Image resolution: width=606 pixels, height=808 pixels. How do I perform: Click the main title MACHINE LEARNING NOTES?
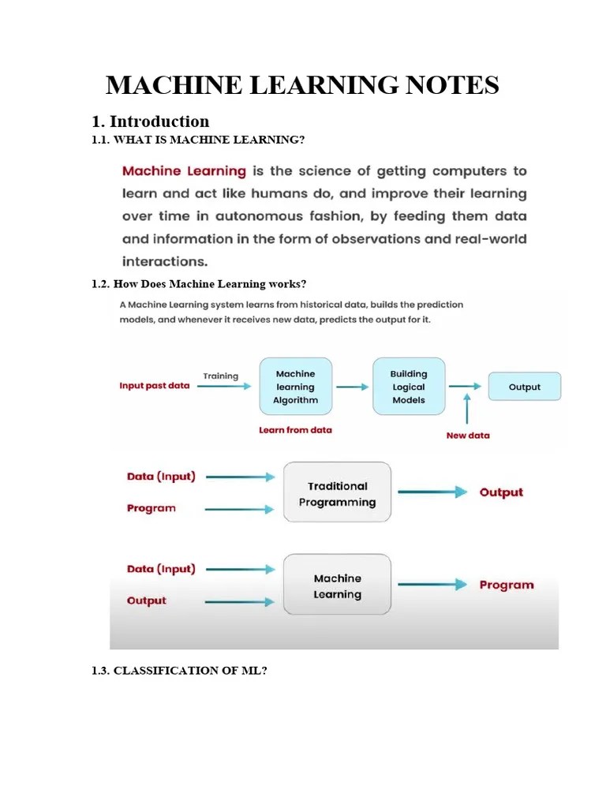click(302, 85)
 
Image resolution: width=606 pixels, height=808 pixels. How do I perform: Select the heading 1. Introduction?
click(151, 122)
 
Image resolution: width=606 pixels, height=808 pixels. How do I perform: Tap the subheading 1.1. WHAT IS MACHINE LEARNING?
click(198, 140)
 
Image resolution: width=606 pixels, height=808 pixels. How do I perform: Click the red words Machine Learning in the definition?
click(184, 171)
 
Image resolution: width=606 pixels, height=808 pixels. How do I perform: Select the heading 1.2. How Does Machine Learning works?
click(199, 284)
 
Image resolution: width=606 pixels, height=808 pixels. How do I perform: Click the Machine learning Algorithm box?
click(296, 387)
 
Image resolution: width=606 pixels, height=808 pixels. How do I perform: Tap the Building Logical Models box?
click(409, 387)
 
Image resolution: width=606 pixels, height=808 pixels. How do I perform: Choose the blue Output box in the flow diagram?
click(524, 387)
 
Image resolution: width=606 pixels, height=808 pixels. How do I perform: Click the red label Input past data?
click(155, 386)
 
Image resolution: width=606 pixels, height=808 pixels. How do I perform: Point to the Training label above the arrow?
click(220, 376)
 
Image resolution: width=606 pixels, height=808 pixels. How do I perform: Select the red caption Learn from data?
click(295, 430)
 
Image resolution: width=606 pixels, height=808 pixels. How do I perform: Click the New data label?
click(468, 435)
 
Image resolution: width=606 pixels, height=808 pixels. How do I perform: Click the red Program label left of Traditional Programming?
click(151, 508)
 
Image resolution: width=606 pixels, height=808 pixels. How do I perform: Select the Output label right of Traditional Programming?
click(501, 492)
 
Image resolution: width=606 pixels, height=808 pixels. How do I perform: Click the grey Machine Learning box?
click(337, 585)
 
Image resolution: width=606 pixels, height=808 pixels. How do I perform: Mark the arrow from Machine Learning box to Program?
click(432, 585)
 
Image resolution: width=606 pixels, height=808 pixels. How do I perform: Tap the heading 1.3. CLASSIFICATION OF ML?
click(180, 670)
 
